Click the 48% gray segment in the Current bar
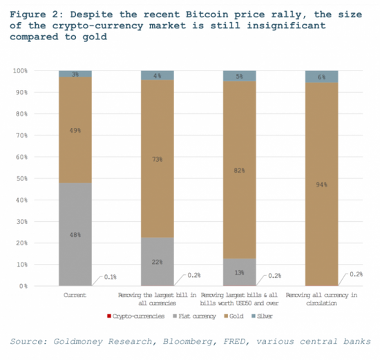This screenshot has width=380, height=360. pyautogui.click(x=75, y=234)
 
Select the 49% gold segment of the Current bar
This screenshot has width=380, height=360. pyautogui.click(x=75, y=130)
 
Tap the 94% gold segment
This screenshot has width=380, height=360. pyautogui.click(x=321, y=184)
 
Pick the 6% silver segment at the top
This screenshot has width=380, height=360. pyautogui.click(x=321, y=77)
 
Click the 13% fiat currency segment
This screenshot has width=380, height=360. pyautogui.click(x=240, y=272)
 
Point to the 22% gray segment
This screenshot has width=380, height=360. pyautogui.click(x=158, y=262)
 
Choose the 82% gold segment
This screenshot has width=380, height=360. pyautogui.click(x=240, y=170)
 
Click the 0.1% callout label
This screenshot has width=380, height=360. pyautogui.click(x=111, y=277)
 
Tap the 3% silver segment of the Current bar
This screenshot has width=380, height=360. pyautogui.click(x=75, y=74)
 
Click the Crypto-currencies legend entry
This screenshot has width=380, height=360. pyautogui.click(x=136, y=316)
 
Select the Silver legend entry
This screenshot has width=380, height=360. pyautogui.click(x=263, y=316)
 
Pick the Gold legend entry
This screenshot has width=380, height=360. pyautogui.click(x=234, y=316)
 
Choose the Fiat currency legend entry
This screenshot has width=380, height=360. pyautogui.click(x=194, y=316)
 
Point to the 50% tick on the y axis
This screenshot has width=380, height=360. pyautogui.click(x=22, y=179)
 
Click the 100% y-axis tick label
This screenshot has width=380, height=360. pyautogui.click(x=20, y=70)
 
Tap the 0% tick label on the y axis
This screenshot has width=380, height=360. pyautogui.click(x=23, y=286)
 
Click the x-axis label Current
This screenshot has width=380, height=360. pyautogui.click(x=75, y=295)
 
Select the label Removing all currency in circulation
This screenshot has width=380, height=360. pyautogui.click(x=321, y=299)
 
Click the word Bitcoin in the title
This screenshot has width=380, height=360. pyautogui.click(x=207, y=15)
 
